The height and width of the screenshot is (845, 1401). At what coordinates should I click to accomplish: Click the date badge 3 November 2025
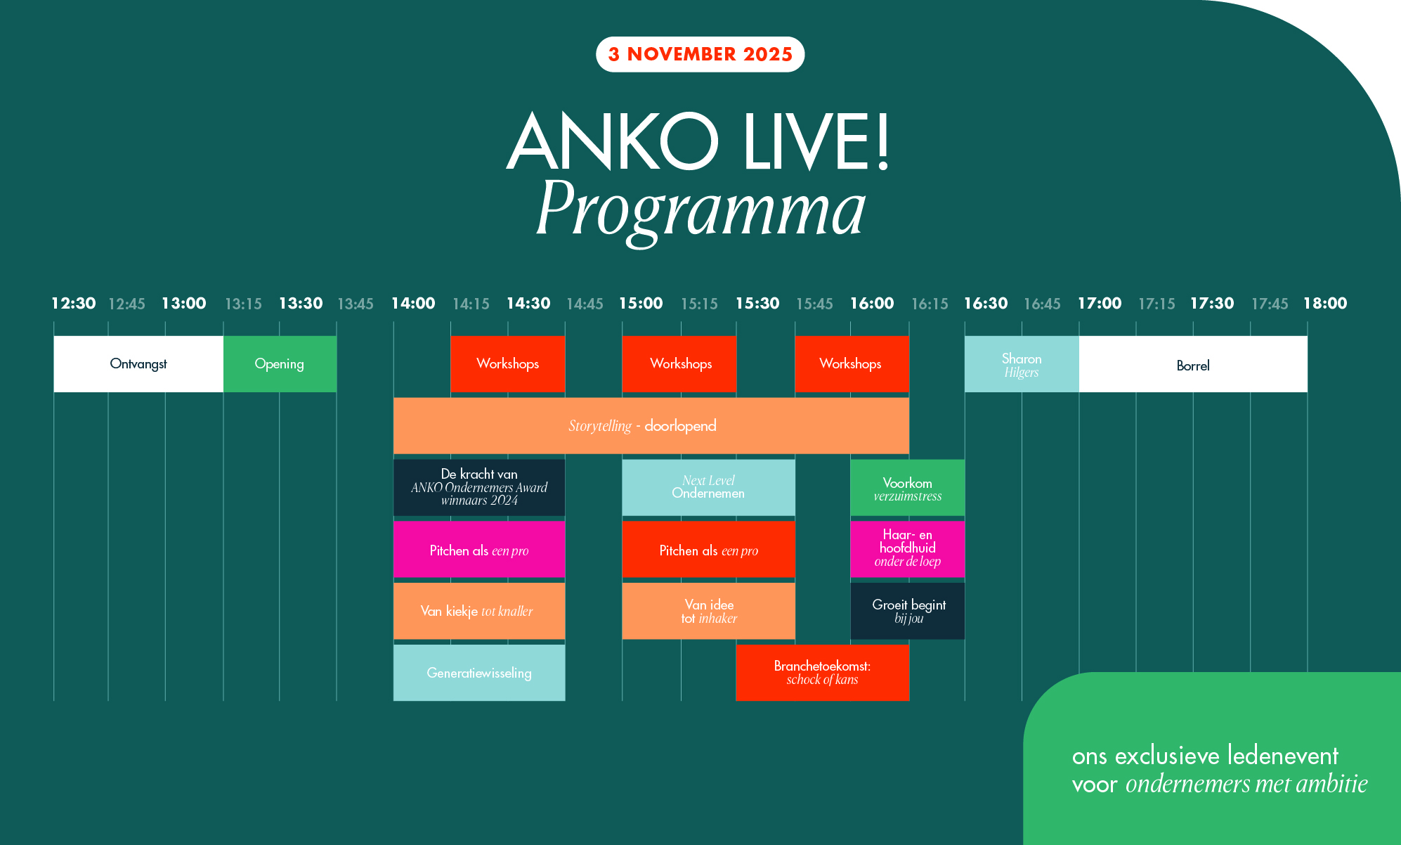[x=700, y=54]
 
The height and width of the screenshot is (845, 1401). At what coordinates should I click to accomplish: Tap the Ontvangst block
[x=138, y=363]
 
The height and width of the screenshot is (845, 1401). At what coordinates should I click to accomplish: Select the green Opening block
[x=280, y=363]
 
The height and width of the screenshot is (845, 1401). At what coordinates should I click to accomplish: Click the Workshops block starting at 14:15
[x=507, y=363]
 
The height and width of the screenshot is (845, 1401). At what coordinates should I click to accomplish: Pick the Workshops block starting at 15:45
[x=852, y=363]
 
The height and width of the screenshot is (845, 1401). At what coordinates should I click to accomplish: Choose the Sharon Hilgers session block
[x=1022, y=363]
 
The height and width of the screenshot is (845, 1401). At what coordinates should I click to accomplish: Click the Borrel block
[x=1193, y=363]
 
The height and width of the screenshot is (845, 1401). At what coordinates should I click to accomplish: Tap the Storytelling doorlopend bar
[x=651, y=425]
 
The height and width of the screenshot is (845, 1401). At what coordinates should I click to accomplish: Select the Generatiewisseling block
[x=479, y=673]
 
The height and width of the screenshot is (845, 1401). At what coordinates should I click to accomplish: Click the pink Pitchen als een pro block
[x=479, y=549]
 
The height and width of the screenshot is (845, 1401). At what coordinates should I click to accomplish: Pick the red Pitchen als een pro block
[x=708, y=549]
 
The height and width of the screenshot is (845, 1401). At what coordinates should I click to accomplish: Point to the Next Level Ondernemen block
[x=708, y=487]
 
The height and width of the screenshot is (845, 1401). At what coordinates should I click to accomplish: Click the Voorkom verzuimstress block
[x=907, y=487]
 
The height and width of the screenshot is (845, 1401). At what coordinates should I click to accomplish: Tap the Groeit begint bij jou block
[x=907, y=611]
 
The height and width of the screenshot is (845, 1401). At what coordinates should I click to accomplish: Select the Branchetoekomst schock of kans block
[x=822, y=673]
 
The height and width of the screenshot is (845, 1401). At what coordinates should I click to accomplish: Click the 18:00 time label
[x=1325, y=304]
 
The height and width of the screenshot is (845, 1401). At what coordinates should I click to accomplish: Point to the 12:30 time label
[x=74, y=304]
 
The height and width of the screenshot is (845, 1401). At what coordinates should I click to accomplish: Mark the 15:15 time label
[x=699, y=304]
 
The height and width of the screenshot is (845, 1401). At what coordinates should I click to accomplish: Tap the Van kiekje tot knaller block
[x=479, y=611]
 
